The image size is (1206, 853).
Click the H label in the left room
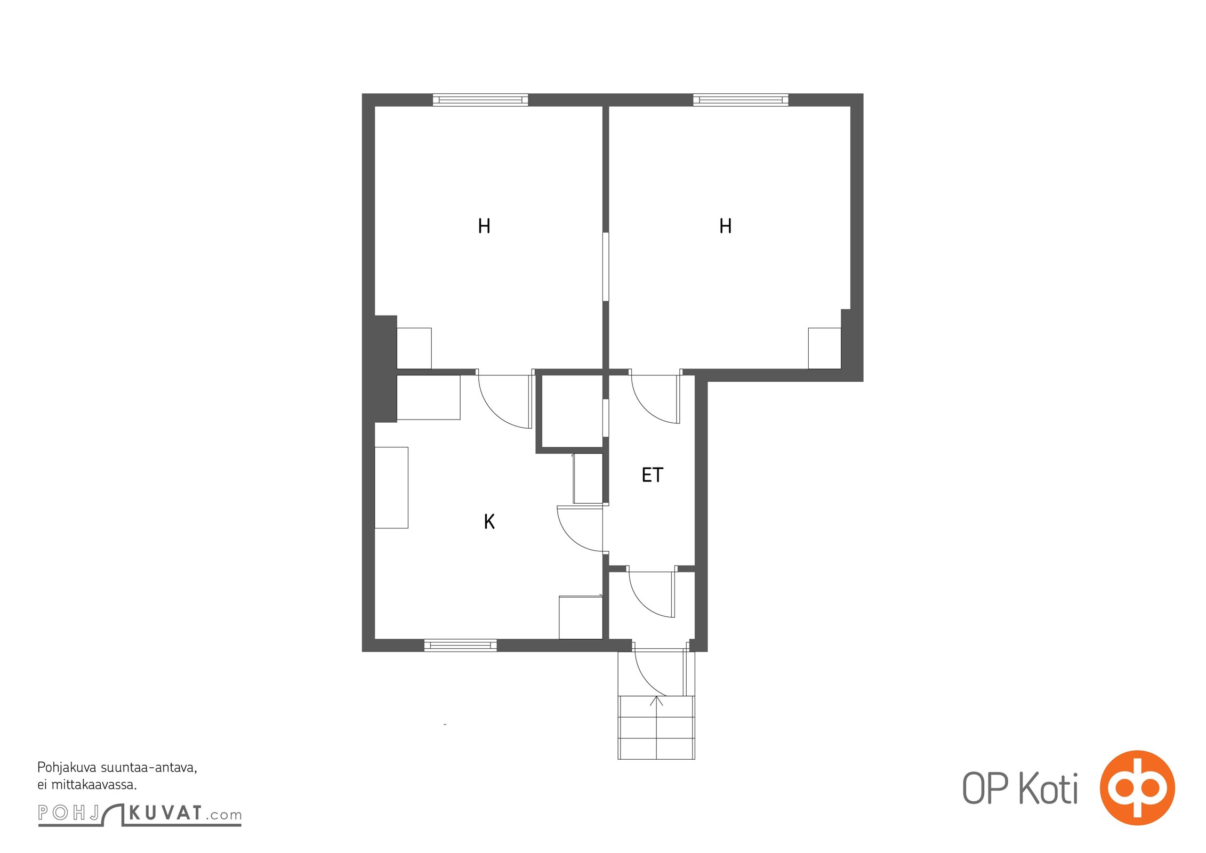pyautogui.click(x=484, y=226)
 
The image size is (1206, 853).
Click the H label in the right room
pyautogui.click(x=725, y=226)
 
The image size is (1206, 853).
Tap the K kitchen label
pyautogui.click(x=489, y=521)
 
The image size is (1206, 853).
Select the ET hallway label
pyautogui.click(x=652, y=474)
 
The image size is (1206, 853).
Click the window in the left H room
pyautogui.click(x=480, y=100)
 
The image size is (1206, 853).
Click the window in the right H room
pyautogui.click(x=741, y=100)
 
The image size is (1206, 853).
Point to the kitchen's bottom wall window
pyautogui.click(x=461, y=645)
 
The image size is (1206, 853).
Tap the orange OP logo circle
pyautogui.click(x=1137, y=787)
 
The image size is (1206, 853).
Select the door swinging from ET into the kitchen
pyautogui.click(x=580, y=528)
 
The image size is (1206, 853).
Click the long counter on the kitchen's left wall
pyautogui.click(x=391, y=487)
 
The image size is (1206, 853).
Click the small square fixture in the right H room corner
pyautogui.click(x=824, y=348)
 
